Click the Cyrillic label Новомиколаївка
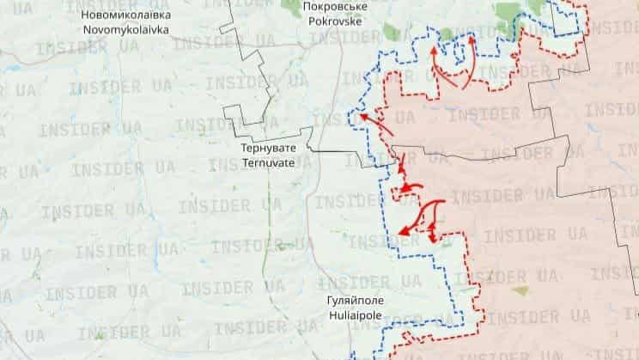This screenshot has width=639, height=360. (x=125, y=15)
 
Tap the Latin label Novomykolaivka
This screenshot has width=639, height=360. (x=125, y=29)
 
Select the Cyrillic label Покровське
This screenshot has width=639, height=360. (x=335, y=5)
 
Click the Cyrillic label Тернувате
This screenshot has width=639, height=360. (x=268, y=148)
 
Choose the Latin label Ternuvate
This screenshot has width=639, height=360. (x=268, y=162)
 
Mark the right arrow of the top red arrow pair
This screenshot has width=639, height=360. (x=467, y=56)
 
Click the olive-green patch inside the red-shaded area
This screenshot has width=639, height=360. (x=519, y=290)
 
